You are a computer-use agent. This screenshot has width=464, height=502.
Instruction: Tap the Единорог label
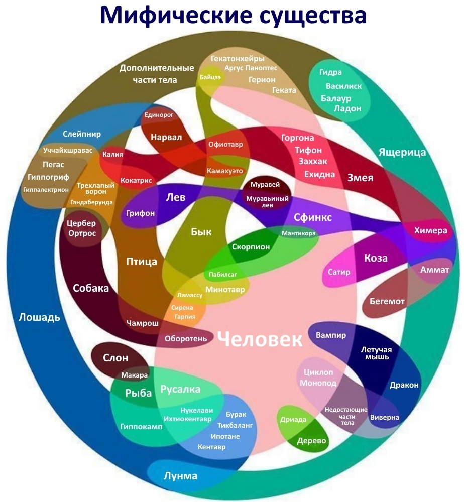[x=159, y=115]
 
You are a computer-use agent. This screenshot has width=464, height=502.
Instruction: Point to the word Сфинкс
[x=312, y=217]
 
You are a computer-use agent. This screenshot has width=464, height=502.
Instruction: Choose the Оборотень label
[x=186, y=338]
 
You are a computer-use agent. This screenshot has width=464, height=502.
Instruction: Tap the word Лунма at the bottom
[x=180, y=476]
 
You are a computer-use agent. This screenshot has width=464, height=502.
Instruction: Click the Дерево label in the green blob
[x=311, y=441]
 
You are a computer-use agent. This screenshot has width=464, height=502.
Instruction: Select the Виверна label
[x=384, y=417]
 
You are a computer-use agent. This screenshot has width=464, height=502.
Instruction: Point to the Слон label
[x=115, y=358]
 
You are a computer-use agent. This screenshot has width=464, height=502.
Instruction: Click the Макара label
[x=135, y=375]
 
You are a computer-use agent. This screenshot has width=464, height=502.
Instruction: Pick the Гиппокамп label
[x=141, y=427]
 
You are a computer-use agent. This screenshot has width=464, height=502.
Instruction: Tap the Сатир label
[x=339, y=272]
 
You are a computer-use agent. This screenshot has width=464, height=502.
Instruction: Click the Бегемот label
[x=387, y=301]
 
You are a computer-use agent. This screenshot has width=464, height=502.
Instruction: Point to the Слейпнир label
[x=82, y=134]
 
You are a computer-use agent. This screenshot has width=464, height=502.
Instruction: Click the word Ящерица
[x=402, y=152]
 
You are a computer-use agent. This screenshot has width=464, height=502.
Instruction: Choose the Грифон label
[x=140, y=213]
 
